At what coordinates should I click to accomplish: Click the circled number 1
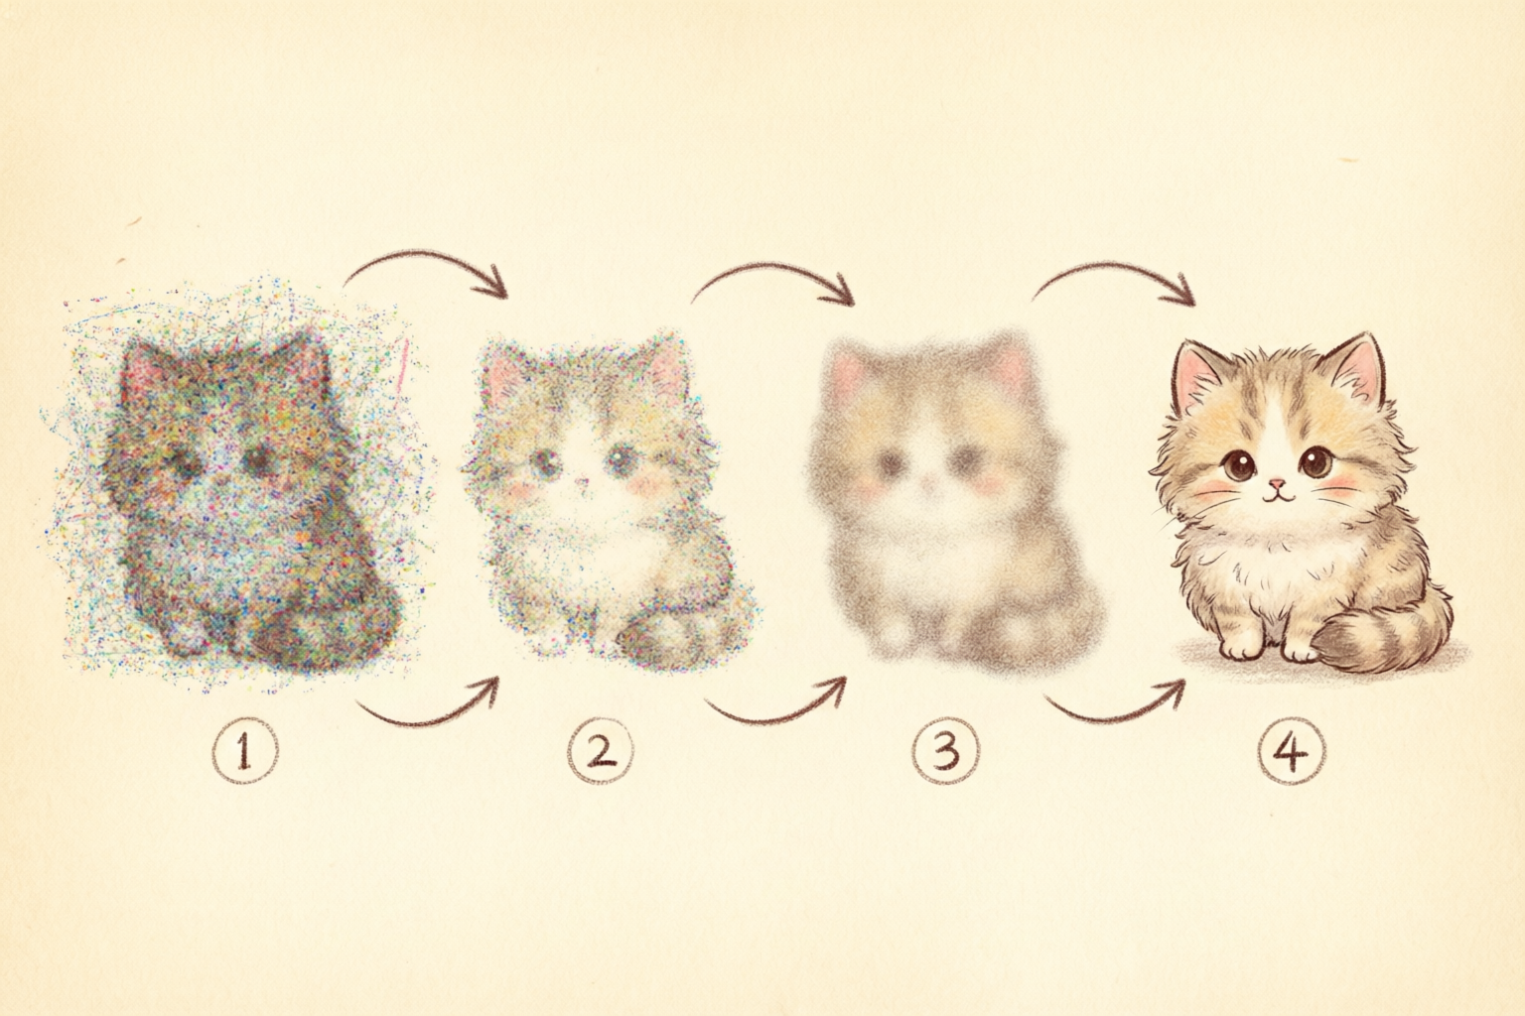(x=245, y=753)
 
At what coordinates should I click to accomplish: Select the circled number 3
(x=945, y=753)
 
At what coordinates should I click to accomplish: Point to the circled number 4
(x=1292, y=753)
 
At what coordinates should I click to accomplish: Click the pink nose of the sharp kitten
(x=1277, y=484)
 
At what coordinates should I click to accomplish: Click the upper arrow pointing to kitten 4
(x=1113, y=267)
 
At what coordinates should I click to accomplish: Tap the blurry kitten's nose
(x=927, y=484)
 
